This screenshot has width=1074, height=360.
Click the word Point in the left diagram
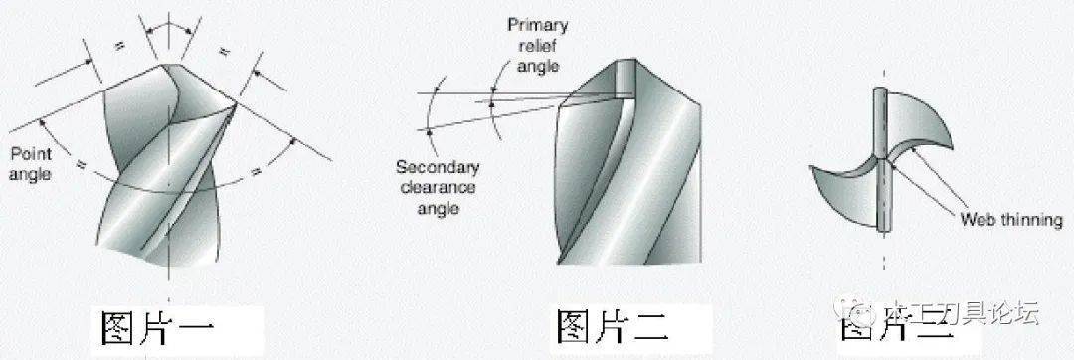29,154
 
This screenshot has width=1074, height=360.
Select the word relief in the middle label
539,46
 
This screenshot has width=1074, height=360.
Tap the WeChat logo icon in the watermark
859,315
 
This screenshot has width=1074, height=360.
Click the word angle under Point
29,174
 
